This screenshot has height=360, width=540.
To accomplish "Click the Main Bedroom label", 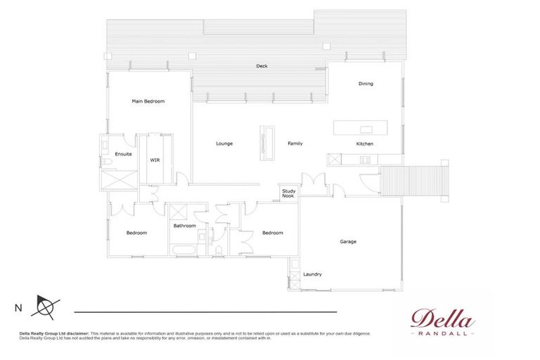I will click(148, 101).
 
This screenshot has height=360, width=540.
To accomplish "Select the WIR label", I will click(155, 160).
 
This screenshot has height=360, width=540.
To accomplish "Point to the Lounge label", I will click(224, 143).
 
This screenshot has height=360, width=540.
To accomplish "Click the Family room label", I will click(295, 143).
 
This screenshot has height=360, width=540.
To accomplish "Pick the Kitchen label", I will click(364, 143).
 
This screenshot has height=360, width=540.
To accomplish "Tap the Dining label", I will click(366, 84).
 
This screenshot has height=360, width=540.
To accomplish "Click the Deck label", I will click(262, 66).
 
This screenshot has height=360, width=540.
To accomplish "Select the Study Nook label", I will click(288, 193).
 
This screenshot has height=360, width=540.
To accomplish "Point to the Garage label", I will click(348, 241).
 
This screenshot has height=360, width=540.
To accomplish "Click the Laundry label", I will click(312, 274).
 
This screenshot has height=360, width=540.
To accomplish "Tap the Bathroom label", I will click(184, 226).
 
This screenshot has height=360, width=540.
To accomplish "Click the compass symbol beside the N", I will click(46, 307).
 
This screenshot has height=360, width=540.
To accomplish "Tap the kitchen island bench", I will click(359, 129).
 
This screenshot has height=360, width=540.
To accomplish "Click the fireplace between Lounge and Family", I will click(267, 143).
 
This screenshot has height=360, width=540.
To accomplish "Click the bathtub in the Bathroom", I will click(184, 250).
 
